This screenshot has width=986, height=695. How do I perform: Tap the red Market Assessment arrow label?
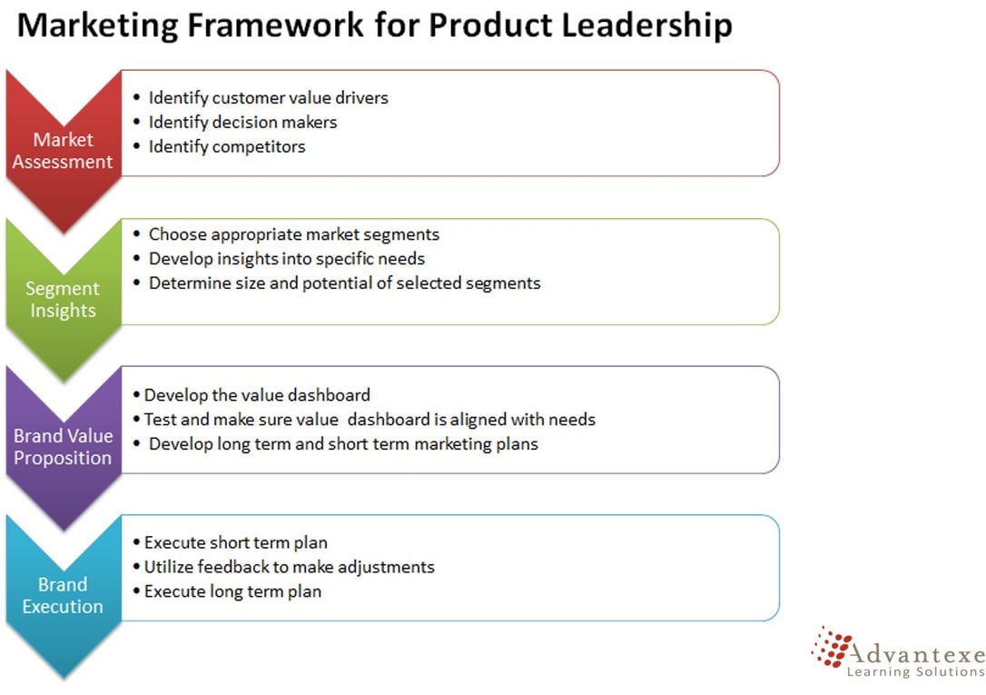[63, 151]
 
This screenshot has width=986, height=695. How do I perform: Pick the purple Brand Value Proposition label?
[63, 447]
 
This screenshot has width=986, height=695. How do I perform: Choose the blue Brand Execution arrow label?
[63, 595]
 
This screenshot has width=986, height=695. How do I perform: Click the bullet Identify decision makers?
[242, 122]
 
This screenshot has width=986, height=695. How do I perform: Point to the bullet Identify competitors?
[227, 146]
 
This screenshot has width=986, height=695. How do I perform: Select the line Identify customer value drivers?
[268, 97]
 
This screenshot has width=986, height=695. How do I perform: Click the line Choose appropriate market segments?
[293, 233]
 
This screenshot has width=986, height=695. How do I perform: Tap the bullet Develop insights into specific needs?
[286, 258]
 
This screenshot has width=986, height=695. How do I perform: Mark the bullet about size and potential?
[344, 283]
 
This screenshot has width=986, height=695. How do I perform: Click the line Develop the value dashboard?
[257, 395]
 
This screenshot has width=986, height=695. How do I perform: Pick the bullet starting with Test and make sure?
[370, 420]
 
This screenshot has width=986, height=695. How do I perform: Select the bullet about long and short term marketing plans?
[343, 444]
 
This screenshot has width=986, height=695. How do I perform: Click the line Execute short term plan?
[236, 542]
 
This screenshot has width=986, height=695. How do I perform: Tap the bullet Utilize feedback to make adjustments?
[289, 567]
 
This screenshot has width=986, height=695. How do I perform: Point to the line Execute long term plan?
[232, 591]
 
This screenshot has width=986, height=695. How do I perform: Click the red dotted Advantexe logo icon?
[831, 647]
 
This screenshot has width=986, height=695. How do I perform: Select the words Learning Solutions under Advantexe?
[914, 671]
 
